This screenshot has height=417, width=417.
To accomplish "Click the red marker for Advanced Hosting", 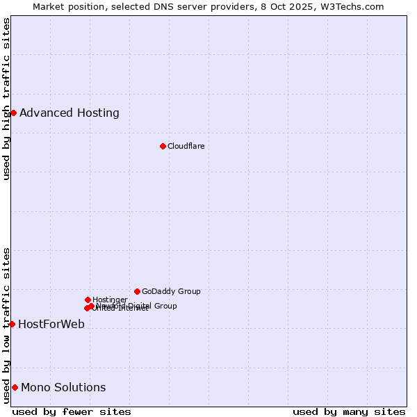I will coord(13,113).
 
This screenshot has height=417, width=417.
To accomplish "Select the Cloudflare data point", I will coord(163,146).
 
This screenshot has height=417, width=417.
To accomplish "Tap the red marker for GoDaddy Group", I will coord(137,291).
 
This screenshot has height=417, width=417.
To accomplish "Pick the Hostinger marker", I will coord(88,300).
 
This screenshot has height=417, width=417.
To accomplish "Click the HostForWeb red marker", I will coord(12,324).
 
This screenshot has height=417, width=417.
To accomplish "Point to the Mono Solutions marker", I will coord(15,387).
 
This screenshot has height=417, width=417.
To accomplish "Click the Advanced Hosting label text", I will coord(69,113).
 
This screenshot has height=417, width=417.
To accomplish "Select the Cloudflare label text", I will coord(186,146).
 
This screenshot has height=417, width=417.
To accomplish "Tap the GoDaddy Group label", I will coord(171,291).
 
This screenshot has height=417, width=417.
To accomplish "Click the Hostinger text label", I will coord(110,300).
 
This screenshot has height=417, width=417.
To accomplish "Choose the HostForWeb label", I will coord(51,324).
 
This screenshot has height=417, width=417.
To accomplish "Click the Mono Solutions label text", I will coord(63,387).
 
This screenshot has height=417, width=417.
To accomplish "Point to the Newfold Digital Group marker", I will coord(91,306).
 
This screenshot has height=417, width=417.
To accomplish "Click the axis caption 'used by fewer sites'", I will coord(72,411).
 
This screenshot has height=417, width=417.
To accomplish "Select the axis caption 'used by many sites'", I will coord(349,411).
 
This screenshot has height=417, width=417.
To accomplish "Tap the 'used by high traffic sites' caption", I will coord(6,99).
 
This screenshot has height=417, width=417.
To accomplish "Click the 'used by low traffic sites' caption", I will coord(6,325).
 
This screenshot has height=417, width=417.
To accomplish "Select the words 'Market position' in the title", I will coord(65,6).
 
